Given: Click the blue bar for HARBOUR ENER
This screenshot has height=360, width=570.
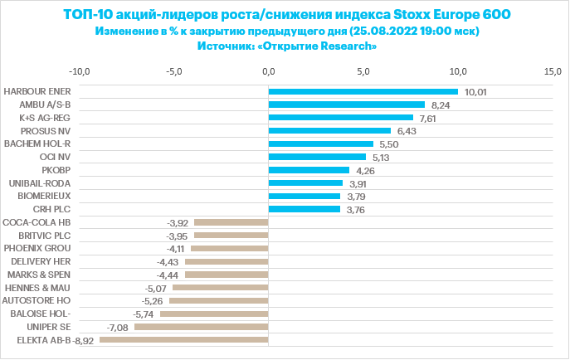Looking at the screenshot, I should [363, 91].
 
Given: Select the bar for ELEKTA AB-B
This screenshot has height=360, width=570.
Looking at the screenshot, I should [183, 339].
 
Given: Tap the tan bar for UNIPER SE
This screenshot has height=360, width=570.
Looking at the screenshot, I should [201, 327].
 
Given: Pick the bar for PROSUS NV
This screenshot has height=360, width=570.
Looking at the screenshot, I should [329, 130].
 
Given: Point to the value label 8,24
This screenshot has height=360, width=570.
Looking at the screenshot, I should [441, 105].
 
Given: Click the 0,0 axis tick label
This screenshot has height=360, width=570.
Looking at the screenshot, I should [268, 71].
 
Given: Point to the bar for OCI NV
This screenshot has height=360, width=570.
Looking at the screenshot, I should [317, 157].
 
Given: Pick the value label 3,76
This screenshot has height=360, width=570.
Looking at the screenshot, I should [357, 209].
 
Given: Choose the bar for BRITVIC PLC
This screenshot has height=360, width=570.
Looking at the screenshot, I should [231, 235].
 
